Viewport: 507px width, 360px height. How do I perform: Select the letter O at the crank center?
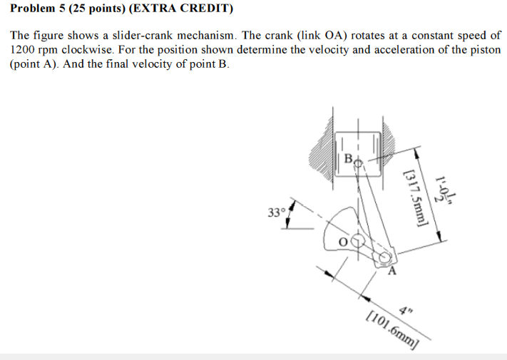coord(342,242)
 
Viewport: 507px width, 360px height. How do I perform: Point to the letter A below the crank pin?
coord(391,271)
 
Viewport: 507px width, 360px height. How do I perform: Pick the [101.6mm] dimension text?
coord(391,328)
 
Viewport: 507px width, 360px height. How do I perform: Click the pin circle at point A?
coord(384,257)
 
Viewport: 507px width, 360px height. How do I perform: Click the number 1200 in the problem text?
coord(24,50)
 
